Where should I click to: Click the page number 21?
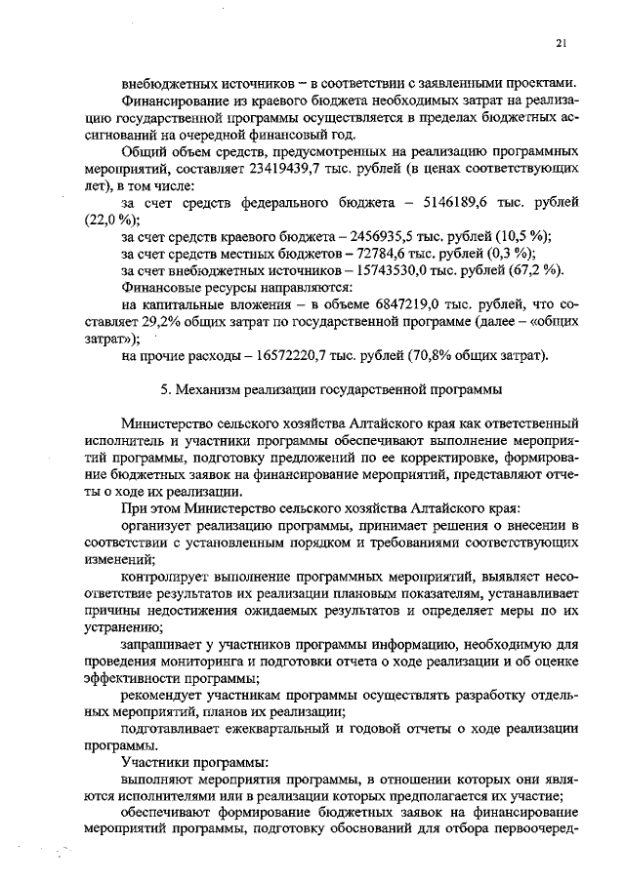(x=561, y=42)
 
